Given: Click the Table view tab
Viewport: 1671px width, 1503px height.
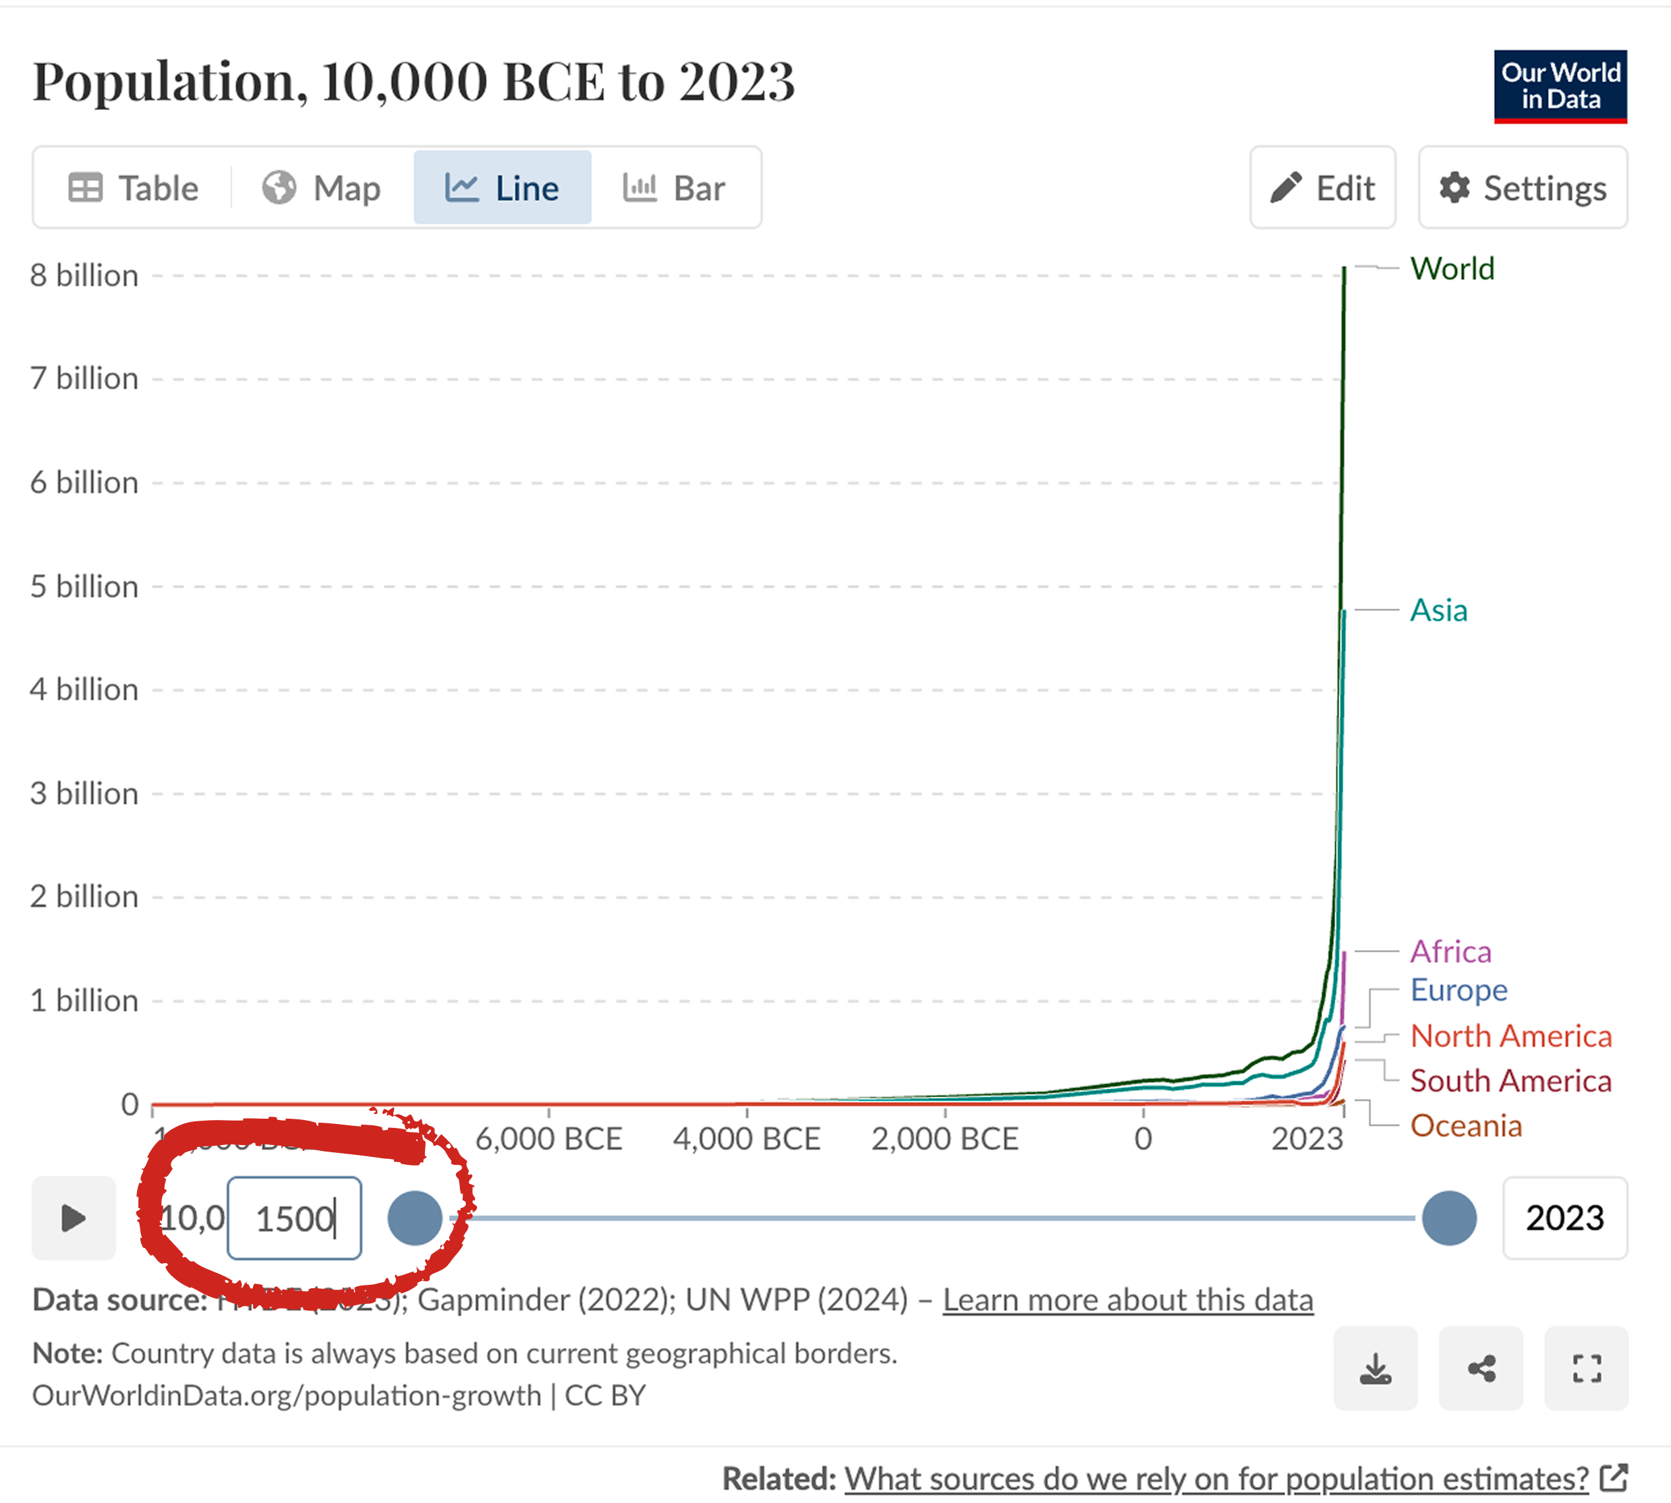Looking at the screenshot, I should [134, 189].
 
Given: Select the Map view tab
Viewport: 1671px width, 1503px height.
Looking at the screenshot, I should [322, 189].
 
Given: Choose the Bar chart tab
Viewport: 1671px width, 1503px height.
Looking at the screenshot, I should [673, 189].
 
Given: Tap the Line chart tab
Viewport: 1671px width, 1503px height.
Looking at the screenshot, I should [502, 189].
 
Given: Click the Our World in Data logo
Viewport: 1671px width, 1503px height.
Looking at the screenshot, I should [1560, 86].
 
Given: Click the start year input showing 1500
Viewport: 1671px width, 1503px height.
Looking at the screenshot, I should [294, 1218].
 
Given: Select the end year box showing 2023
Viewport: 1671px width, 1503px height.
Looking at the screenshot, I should [1564, 1218].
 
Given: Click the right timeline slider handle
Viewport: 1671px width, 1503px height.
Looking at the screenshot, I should [1449, 1218].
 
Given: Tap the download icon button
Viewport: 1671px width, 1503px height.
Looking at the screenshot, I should [1375, 1369].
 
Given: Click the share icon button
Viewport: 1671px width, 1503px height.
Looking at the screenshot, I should [1481, 1369].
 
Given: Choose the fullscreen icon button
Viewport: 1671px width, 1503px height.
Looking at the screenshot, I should [1586, 1369].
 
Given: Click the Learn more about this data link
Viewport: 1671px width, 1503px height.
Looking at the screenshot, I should [1128, 1300].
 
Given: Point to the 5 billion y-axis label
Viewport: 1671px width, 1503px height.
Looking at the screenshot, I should [84, 586].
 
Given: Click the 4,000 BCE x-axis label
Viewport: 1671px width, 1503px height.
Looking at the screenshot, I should [747, 1139].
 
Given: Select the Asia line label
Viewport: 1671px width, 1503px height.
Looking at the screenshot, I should [1438, 610].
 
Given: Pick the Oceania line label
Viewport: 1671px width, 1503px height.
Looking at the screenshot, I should [1465, 1125].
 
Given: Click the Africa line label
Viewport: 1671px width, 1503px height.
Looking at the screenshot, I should [1450, 951].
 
